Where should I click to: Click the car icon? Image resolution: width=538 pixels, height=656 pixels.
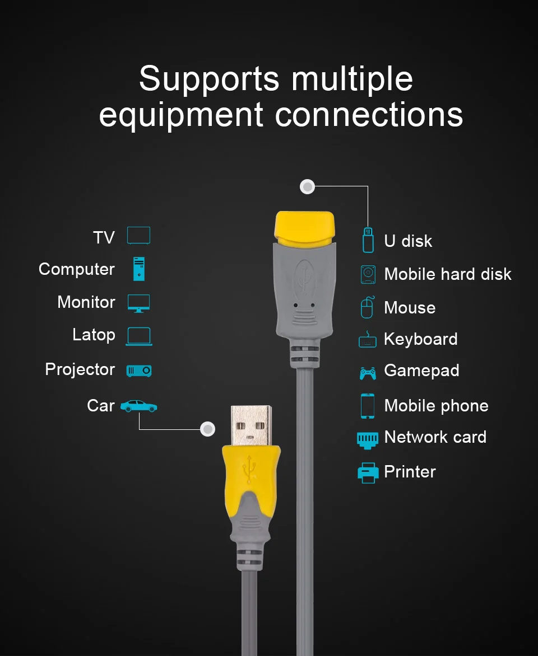pos(138,406)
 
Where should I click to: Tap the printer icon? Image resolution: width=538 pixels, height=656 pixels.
pos(368,472)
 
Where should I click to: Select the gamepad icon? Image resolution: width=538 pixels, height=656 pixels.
pos(368,372)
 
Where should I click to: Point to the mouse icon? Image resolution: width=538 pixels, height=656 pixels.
pos(367,308)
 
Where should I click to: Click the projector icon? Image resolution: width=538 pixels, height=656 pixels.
pos(138,371)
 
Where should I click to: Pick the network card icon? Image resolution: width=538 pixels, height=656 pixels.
pos(368,439)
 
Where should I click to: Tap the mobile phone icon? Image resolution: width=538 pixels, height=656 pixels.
pos(368,406)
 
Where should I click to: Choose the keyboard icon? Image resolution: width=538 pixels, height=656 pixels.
pos(368,340)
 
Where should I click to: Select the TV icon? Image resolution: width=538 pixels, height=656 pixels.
pos(138,236)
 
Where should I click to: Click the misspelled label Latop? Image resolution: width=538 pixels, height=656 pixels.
pos(94,335)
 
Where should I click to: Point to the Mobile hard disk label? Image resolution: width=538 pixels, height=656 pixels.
pos(447,274)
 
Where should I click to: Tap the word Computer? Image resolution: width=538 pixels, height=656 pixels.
pos(76,269)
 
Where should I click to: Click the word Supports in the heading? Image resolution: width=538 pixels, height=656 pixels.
pos(209,78)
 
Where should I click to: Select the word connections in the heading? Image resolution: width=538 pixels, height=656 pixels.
pos(369,114)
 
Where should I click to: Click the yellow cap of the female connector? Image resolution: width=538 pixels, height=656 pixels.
pos(304,227)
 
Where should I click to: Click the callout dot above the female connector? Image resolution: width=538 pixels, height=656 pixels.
pos(307,187)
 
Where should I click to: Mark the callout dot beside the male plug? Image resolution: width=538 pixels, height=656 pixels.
pos(208,429)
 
